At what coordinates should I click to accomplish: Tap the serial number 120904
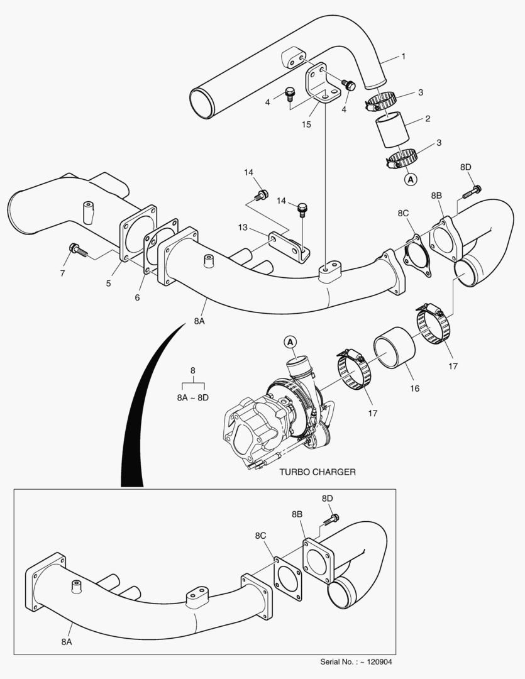[x=380, y=661]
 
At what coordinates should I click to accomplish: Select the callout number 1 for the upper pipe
[x=403, y=57]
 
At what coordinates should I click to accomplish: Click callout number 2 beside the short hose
[x=427, y=119]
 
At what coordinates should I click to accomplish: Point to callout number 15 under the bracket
[x=306, y=124]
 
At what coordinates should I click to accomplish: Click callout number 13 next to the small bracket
[x=242, y=226]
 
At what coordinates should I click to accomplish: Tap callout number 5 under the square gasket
[x=108, y=284]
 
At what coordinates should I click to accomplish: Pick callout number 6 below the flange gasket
[x=137, y=298]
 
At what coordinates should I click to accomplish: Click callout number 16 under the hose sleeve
[x=414, y=389]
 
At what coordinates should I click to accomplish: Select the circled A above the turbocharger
[x=290, y=342]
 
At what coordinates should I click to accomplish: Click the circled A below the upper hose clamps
[x=410, y=180]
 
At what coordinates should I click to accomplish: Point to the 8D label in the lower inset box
[x=327, y=499]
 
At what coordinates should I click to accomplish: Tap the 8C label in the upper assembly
[x=403, y=213]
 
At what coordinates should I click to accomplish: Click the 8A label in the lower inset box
[x=67, y=642]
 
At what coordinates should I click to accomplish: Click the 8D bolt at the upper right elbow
[x=473, y=190]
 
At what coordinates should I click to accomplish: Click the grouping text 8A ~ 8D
[x=193, y=397]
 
